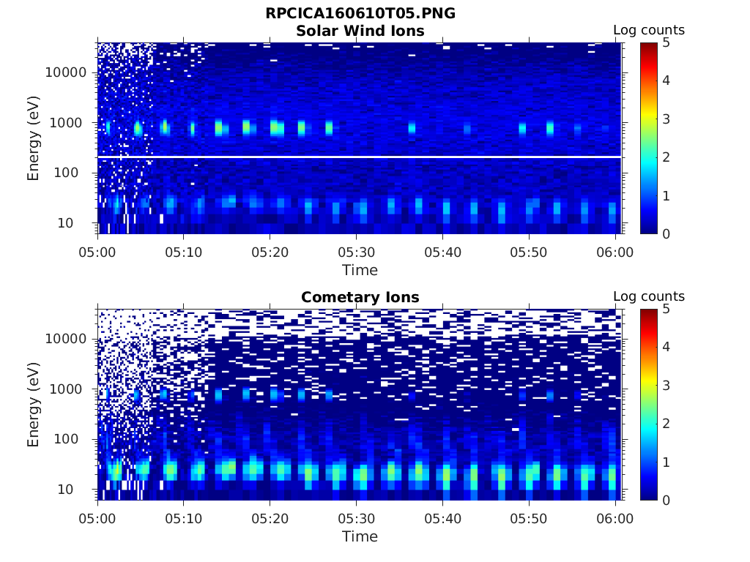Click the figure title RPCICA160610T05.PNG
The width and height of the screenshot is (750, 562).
coord(360,14)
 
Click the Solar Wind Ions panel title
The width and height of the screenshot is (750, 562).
coord(360,31)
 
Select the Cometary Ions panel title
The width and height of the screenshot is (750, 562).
coord(360,297)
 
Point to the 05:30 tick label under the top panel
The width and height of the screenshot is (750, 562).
coord(356,252)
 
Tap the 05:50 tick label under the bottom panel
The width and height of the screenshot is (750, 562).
coord(529,519)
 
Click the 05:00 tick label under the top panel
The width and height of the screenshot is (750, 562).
coord(98,252)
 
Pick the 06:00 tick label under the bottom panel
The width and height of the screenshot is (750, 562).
coord(615,519)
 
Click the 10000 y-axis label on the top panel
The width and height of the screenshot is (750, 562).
coord(67,72)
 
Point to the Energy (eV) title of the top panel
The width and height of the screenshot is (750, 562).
coord(34,138)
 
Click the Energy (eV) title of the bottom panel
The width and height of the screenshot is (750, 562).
coord(34,404)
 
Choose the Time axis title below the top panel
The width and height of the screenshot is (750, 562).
coord(360,270)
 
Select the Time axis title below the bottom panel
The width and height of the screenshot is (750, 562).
coord(360,536)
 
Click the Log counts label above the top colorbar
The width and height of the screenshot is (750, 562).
coord(648,30)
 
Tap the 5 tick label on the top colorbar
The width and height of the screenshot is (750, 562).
coord(666,42)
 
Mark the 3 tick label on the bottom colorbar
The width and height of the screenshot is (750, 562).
coord(666,385)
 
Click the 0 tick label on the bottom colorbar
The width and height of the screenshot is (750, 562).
coord(666,500)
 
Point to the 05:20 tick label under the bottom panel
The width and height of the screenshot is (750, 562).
coord(270,519)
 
